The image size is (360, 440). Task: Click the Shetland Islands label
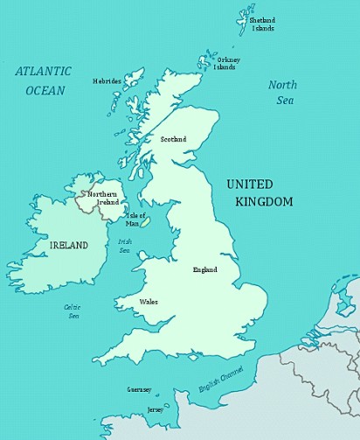coord(262,24)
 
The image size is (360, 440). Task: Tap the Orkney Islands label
coord(228,63)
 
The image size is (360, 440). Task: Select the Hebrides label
coord(107,81)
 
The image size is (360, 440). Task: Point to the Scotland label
coord(173,139)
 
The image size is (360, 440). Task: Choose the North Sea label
coord(282,92)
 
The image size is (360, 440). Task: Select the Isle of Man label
coord(135,219)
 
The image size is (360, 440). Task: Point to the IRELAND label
coord(68,246)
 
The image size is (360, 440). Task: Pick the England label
coord(204,269)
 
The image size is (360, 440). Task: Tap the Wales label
coord(149,302)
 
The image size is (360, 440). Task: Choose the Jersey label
coord(155,409)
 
